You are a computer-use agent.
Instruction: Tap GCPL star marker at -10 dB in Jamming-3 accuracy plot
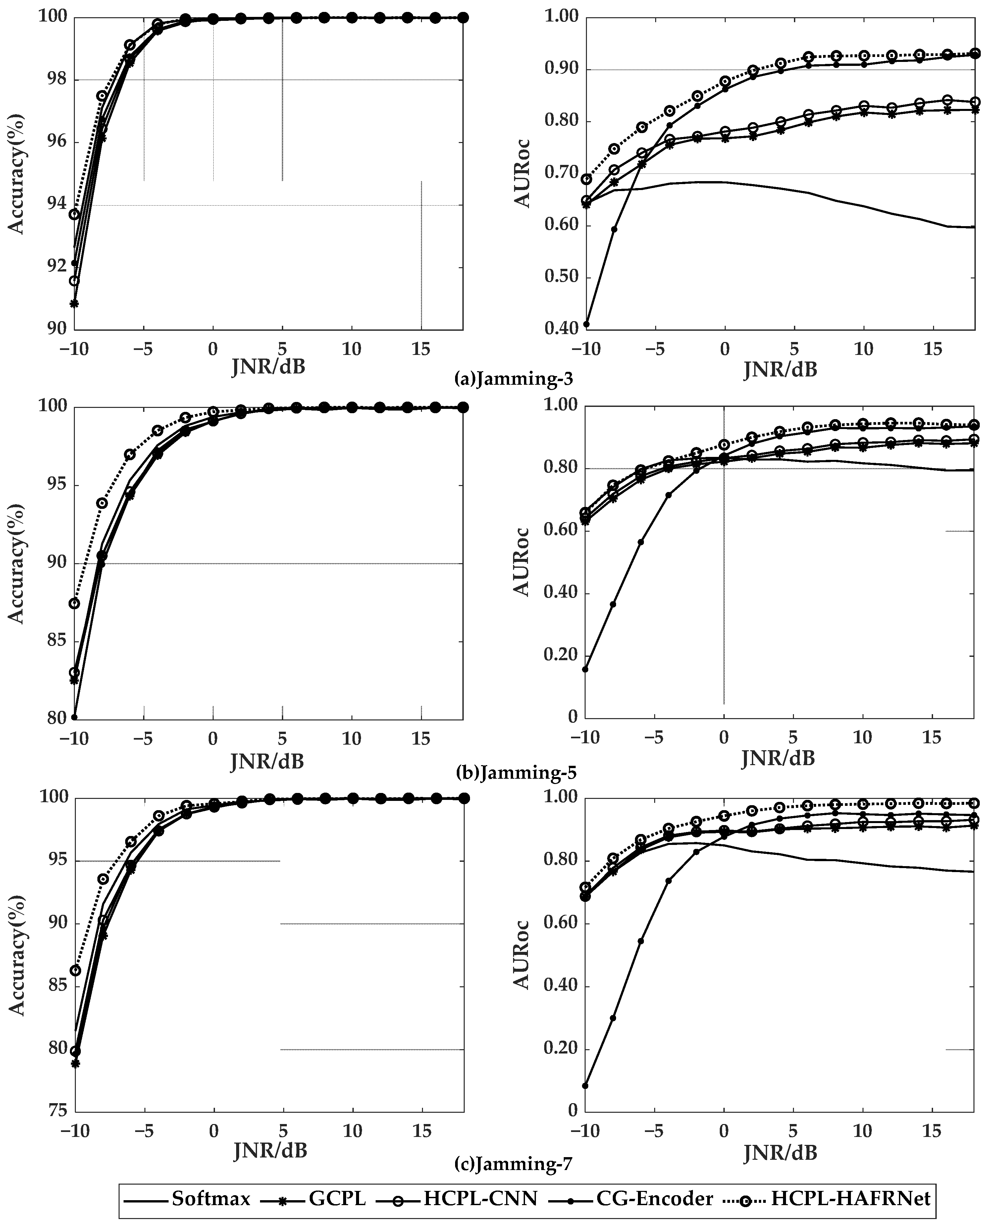74,303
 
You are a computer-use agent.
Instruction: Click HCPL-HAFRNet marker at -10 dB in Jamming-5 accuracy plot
74,603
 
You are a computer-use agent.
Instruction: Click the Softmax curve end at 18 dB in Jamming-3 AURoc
973,227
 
